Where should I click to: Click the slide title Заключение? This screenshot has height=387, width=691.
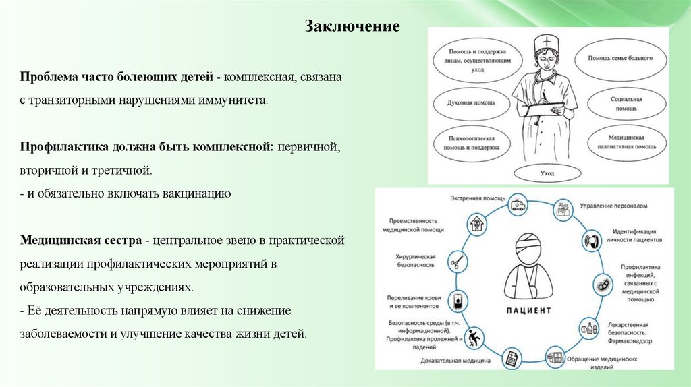click(352, 27)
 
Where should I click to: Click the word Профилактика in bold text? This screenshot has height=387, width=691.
click(62, 147)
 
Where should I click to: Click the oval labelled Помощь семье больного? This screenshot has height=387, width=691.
click(619, 59)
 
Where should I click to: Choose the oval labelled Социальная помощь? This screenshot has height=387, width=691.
click(619, 104)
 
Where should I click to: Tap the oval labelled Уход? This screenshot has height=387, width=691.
click(547, 173)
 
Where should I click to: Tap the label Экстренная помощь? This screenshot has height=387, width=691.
click(475, 198)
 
